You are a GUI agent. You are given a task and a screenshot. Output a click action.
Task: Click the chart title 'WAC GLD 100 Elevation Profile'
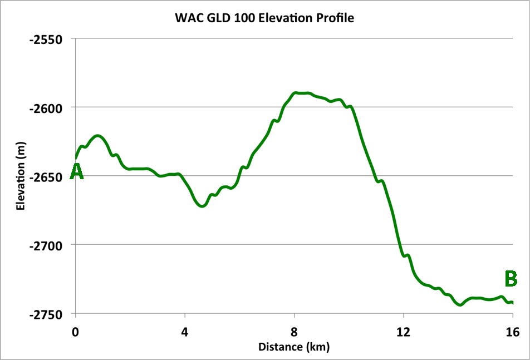(264, 18)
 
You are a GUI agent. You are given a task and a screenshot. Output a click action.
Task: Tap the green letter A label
(76, 172)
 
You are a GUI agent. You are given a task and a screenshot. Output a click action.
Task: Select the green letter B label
(511, 278)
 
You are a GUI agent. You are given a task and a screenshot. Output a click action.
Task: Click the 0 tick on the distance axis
(76, 332)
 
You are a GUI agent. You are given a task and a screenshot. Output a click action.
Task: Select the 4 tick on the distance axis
(185, 332)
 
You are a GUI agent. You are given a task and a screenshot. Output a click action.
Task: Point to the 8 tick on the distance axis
(294, 332)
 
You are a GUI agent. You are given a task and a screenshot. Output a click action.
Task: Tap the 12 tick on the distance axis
(403, 332)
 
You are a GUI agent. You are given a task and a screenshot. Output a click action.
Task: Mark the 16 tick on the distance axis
(512, 332)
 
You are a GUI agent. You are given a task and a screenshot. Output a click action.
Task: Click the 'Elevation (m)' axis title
(21, 176)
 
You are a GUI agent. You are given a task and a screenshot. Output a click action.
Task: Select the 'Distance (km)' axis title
(293, 348)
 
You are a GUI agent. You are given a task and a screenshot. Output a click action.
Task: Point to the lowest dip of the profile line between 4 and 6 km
(202, 206)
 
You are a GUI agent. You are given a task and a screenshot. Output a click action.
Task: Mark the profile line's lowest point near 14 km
(460, 305)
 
